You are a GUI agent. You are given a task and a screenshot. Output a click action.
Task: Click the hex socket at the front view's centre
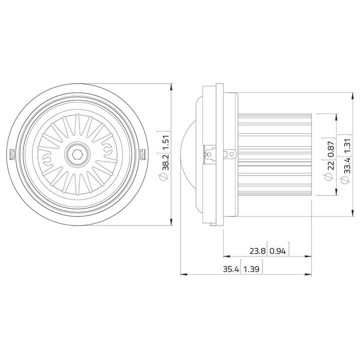click(x=77, y=153)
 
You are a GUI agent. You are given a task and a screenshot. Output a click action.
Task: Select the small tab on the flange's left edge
click(x=11, y=154)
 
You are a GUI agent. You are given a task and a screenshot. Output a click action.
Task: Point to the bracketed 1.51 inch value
click(x=164, y=144)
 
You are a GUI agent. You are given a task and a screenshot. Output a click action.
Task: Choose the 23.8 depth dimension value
click(x=258, y=250)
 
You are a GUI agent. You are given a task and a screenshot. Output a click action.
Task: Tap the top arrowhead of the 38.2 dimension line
click(x=171, y=86)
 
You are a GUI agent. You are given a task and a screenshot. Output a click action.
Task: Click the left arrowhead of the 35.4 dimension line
click(x=183, y=274)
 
